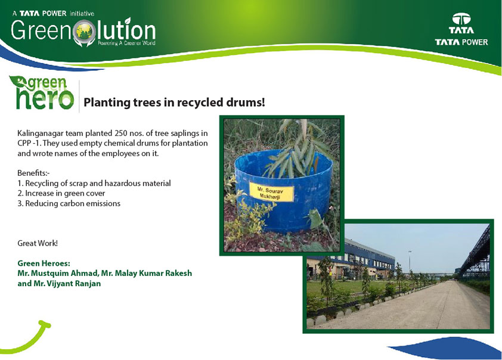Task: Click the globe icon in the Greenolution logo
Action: [x=84, y=31]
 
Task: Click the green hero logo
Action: [x=42, y=93]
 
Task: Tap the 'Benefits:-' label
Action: [x=33, y=173]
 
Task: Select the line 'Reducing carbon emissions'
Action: [x=73, y=203]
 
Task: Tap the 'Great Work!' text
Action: [x=38, y=243]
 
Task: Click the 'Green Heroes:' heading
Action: [x=44, y=263]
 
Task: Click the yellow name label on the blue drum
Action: [x=271, y=193]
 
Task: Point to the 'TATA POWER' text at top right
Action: [x=461, y=42]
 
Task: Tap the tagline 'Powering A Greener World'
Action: [x=126, y=43]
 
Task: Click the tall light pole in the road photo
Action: [x=410, y=262]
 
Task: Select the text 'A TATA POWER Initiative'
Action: [x=53, y=14]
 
